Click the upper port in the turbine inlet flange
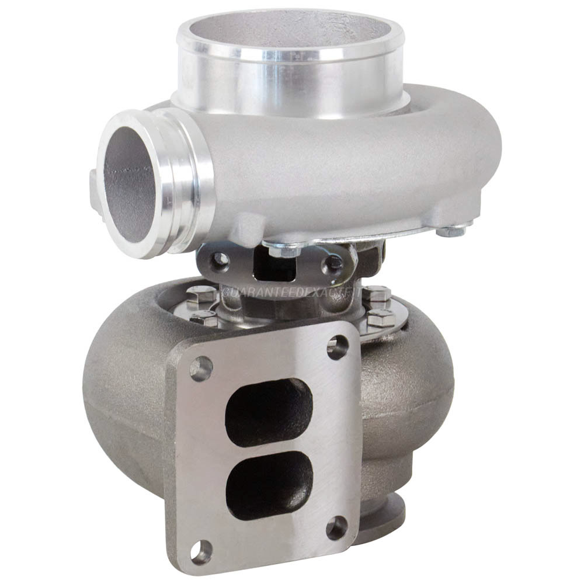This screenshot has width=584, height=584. [x=269, y=412]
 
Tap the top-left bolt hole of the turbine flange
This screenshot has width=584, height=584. [x=202, y=369]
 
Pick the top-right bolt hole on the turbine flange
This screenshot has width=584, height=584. [x=337, y=346]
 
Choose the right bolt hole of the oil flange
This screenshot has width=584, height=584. [x=335, y=263]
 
